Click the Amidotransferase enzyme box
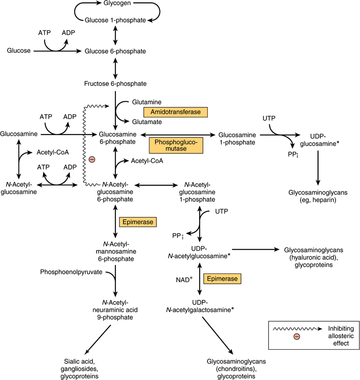click(x=176, y=112)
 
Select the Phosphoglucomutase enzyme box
click(x=176, y=145)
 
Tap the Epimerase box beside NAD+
click(x=222, y=279)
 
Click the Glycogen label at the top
click(x=117, y=3)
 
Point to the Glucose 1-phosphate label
click(x=115, y=20)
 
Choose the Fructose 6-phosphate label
click(x=115, y=84)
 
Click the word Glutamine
click(x=147, y=102)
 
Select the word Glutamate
click(x=147, y=122)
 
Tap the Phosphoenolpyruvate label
click(x=71, y=272)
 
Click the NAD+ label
click(x=184, y=280)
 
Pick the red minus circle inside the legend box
click(x=297, y=336)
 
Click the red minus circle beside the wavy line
click(x=92, y=160)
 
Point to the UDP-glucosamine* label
click(x=320, y=140)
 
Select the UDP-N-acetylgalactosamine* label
click(x=200, y=306)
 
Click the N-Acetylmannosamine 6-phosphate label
click(x=116, y=252)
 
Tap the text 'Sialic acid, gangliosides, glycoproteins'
click(x=79, y=369)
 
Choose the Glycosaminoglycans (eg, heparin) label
click(x=318, y=196)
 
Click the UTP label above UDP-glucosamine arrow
click(x=269, y=118)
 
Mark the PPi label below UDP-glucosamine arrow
click(x=293, y=155)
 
